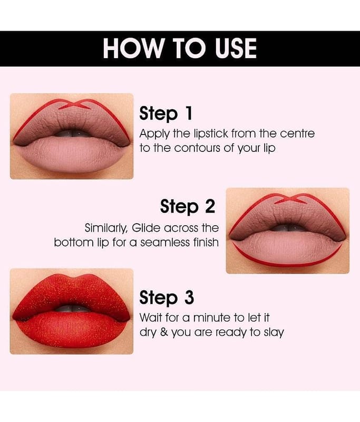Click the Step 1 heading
pos(166,113)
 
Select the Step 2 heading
pos(188,207)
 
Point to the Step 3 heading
pos(167,298)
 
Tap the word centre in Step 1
pos(297,134)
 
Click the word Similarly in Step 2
pos(106,228)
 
